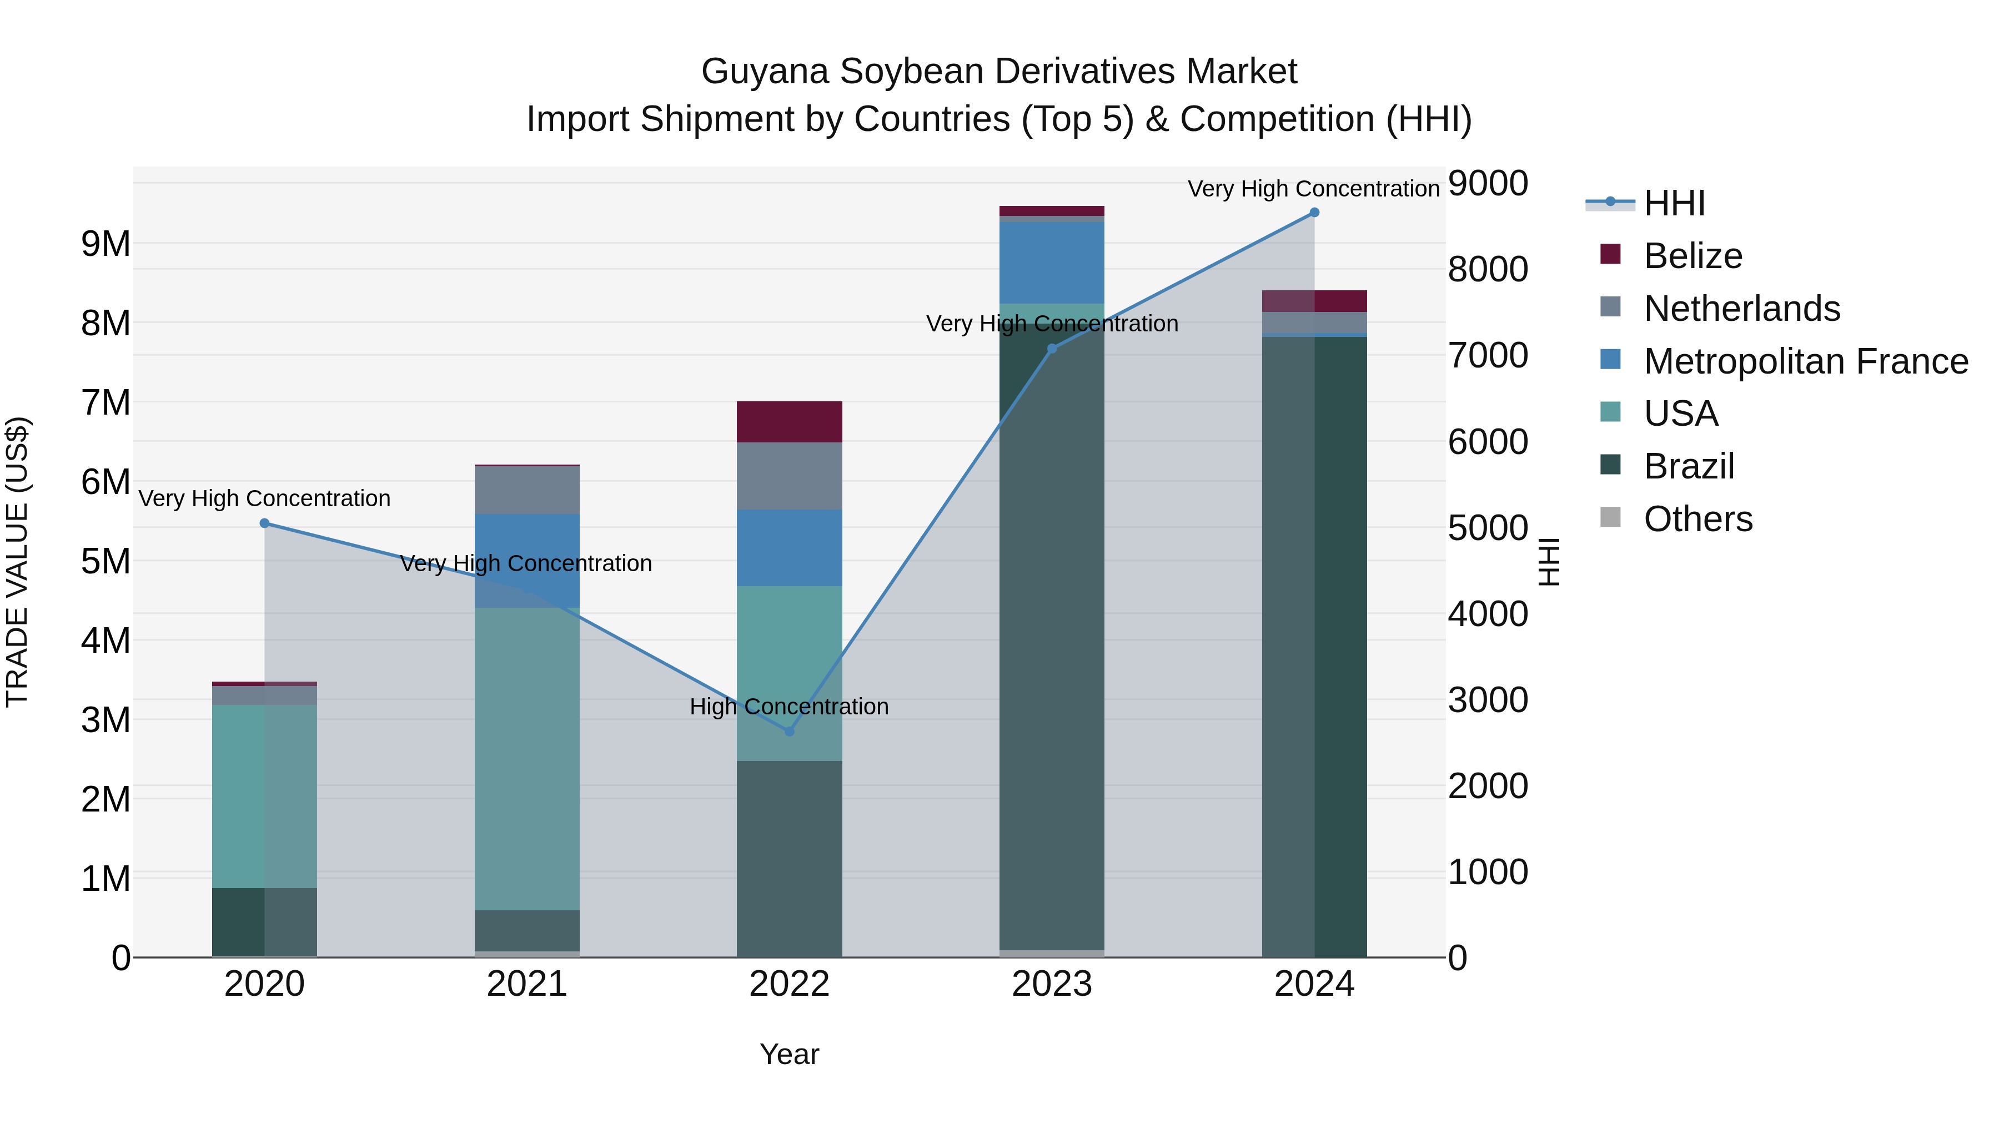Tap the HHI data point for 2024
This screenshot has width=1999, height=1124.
1314,213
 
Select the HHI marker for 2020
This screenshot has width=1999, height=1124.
265,523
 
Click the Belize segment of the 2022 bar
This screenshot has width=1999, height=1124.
789,422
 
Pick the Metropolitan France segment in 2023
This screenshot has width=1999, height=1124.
1052,262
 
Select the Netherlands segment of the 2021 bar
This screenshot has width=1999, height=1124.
527,490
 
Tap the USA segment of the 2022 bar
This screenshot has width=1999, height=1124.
789,673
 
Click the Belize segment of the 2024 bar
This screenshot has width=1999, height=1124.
1314,301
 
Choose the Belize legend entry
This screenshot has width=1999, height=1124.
1692,256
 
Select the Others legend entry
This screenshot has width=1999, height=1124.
1697,519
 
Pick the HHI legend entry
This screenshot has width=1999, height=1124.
1674,203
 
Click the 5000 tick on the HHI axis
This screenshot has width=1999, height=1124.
1488,528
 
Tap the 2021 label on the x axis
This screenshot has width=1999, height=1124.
527,984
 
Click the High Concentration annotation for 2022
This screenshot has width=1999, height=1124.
789,707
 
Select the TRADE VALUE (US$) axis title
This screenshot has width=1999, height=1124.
18,562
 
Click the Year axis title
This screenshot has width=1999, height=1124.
789,1054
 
